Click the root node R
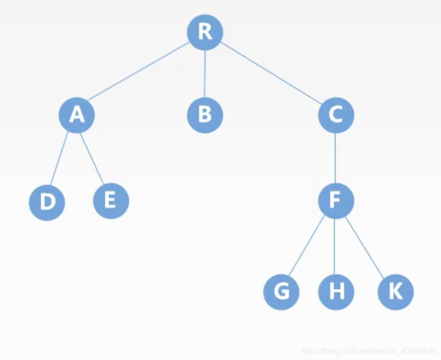click(x=205, y=32)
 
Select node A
click(x=76, y=115)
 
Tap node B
click(x=205, y=115)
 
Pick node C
click(x=336, y=115)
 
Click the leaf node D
click(x=47, y=203)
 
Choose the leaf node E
click(x=111, y=201)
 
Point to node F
click(x=336, y=201)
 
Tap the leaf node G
click(x=281, y=291)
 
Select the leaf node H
click(x=336, y=291)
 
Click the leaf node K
click(x=395, y=291)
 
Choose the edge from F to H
click(x=336, y=246)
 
